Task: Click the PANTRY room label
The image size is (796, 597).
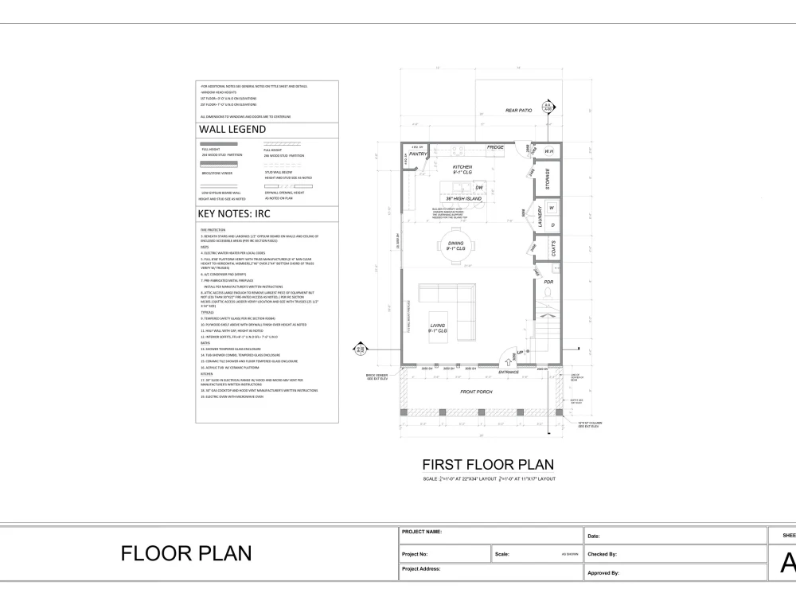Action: click(x=419, y=154)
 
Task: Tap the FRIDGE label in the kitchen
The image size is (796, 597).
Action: click(x=495, y=147)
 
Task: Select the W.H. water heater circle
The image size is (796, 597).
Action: click(x=548, y=151)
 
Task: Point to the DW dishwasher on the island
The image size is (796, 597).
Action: click(x=479, y=188)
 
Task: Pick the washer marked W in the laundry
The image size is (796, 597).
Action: click(x=552, y=209)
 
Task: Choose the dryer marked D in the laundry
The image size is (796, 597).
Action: click(x=552, y=225)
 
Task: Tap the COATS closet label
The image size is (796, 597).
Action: click(x=553, y=248)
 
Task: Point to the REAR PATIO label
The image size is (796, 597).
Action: click(x=518, y=110)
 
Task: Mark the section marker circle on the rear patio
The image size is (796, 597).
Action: click(x=547, y=105)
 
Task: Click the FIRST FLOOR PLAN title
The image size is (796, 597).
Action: click(x=487, y=464)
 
